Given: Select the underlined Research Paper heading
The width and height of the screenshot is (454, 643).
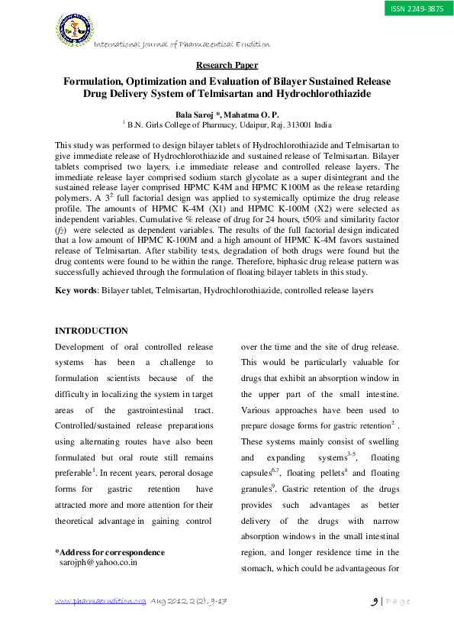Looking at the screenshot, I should click(227, 66).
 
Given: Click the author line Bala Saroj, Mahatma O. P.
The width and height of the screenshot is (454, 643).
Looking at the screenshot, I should click(227, 112).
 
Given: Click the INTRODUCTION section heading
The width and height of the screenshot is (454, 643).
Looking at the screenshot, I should click(92, 331).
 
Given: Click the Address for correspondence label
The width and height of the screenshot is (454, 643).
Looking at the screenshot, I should click(110, 551).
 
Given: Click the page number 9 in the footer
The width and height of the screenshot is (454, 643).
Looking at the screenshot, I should click(375, 601).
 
